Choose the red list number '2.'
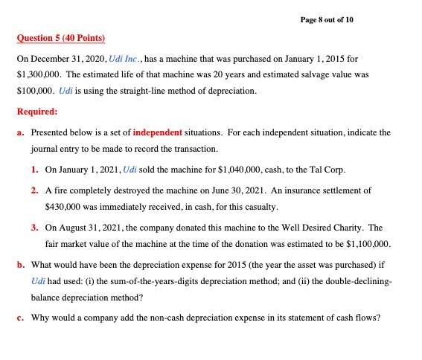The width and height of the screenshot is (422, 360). click(x=35, y=190)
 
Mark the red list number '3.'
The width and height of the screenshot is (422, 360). click(x=35, y=227)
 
